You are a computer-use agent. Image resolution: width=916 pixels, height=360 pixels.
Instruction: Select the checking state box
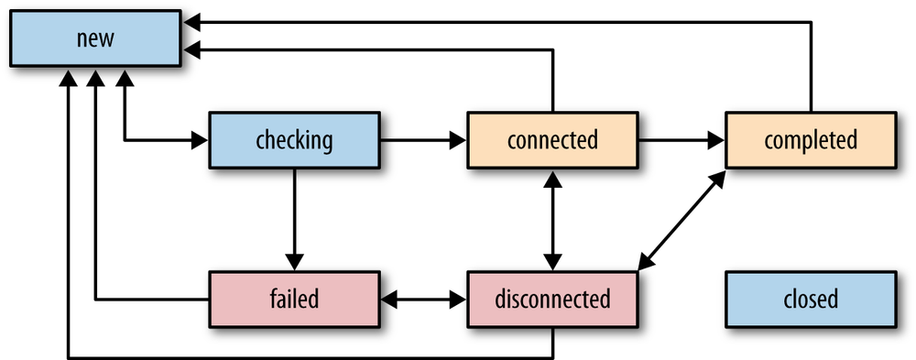point(294,140)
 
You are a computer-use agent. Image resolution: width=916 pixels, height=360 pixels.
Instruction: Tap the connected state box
point(552,140)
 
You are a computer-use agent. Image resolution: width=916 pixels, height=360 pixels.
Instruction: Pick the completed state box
point(811,140)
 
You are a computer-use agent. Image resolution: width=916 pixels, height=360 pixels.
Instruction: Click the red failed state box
point(294,299)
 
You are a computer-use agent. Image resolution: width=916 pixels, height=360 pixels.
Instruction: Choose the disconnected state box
point(552,299)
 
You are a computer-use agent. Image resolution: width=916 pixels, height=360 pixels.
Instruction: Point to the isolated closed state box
point(811,299)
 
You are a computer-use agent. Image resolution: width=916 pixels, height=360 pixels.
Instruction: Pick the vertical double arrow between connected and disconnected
point(552,220)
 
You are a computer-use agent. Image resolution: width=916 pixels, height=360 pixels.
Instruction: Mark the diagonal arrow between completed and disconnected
point(682,220)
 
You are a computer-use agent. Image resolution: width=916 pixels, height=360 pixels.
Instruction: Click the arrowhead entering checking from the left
point(201,140)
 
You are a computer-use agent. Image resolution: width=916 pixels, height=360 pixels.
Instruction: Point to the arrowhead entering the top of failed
point(294,262)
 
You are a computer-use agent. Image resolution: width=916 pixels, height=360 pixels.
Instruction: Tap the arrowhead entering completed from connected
point(717,140)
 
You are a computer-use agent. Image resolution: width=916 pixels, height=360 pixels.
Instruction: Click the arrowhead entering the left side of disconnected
point(459,299)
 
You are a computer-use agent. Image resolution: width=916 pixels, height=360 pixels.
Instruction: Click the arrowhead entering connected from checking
point(459,140)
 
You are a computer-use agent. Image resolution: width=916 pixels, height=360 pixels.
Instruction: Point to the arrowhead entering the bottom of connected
point(552,178)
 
